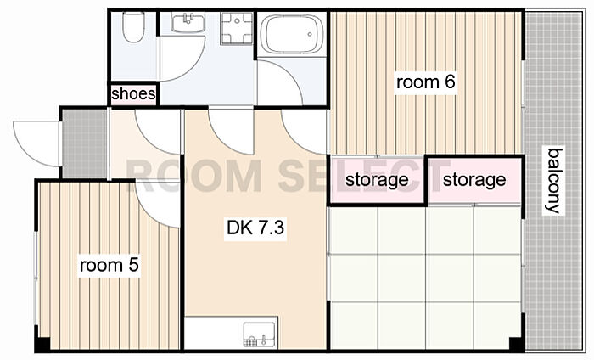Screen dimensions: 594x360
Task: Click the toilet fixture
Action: point(133,27)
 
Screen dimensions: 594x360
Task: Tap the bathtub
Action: point(291,34)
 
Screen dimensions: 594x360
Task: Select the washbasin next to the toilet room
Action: point(188,22)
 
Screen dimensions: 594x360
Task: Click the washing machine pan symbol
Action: point(237,28)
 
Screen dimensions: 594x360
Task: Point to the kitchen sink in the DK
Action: point(259,335)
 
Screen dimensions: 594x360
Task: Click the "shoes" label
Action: point(133,93)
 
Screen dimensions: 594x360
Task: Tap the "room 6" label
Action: point(425,82)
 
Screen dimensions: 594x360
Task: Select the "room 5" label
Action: point(109,265)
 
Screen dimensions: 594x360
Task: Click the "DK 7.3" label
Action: point(255,228)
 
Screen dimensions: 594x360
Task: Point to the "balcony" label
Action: point(553,181)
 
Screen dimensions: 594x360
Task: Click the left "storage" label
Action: point(377,180)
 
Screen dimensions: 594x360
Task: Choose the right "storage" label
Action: point(474,180)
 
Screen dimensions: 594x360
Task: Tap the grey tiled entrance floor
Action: point(85,143)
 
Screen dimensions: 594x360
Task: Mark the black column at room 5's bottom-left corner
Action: point(42,344)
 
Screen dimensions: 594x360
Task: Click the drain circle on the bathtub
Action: point(310,35)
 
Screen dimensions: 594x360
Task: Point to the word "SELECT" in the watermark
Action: point(364,176)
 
